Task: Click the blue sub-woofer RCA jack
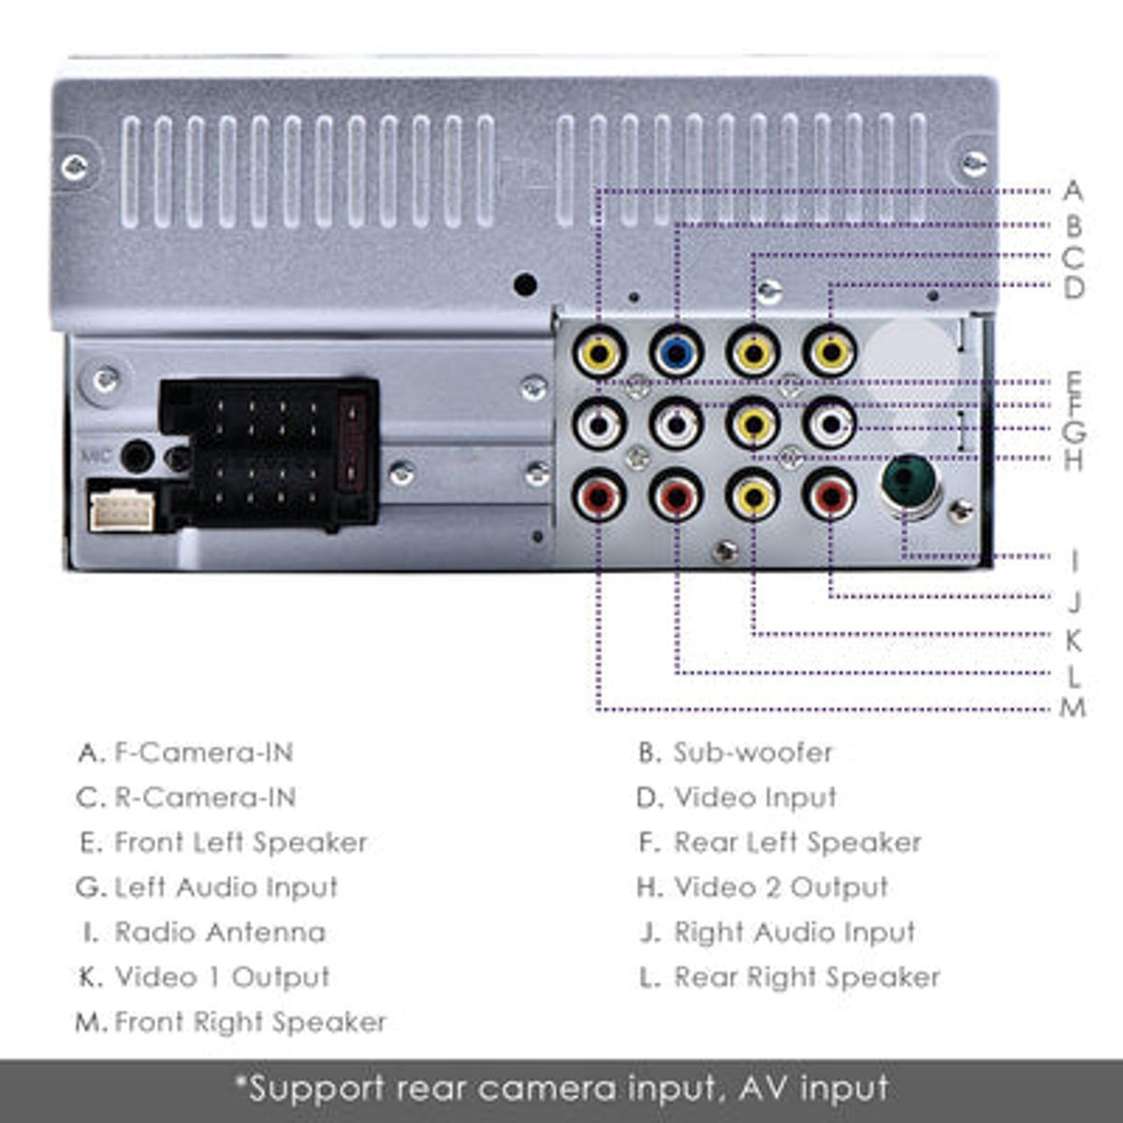tap(676, 353)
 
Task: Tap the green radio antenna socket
tap(908, 485)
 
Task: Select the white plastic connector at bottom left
tap(122, 510)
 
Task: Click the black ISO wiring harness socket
tap(269, 452)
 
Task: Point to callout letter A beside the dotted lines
tap(1072, 192)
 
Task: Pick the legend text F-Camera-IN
tap(203, 752)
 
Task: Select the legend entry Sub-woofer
tap(752, 752)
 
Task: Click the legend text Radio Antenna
tap(220, 932)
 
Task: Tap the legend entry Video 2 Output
tap(780, 887)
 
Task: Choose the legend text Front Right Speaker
tap(250, 1022)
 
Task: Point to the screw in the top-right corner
tap(974, 164)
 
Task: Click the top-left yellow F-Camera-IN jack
tap(599, 353)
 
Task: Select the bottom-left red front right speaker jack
tap(599, 497)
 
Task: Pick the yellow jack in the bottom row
tap(753, 497)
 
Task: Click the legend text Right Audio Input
tap(795, 932)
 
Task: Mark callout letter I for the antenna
tap(1073, 561)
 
